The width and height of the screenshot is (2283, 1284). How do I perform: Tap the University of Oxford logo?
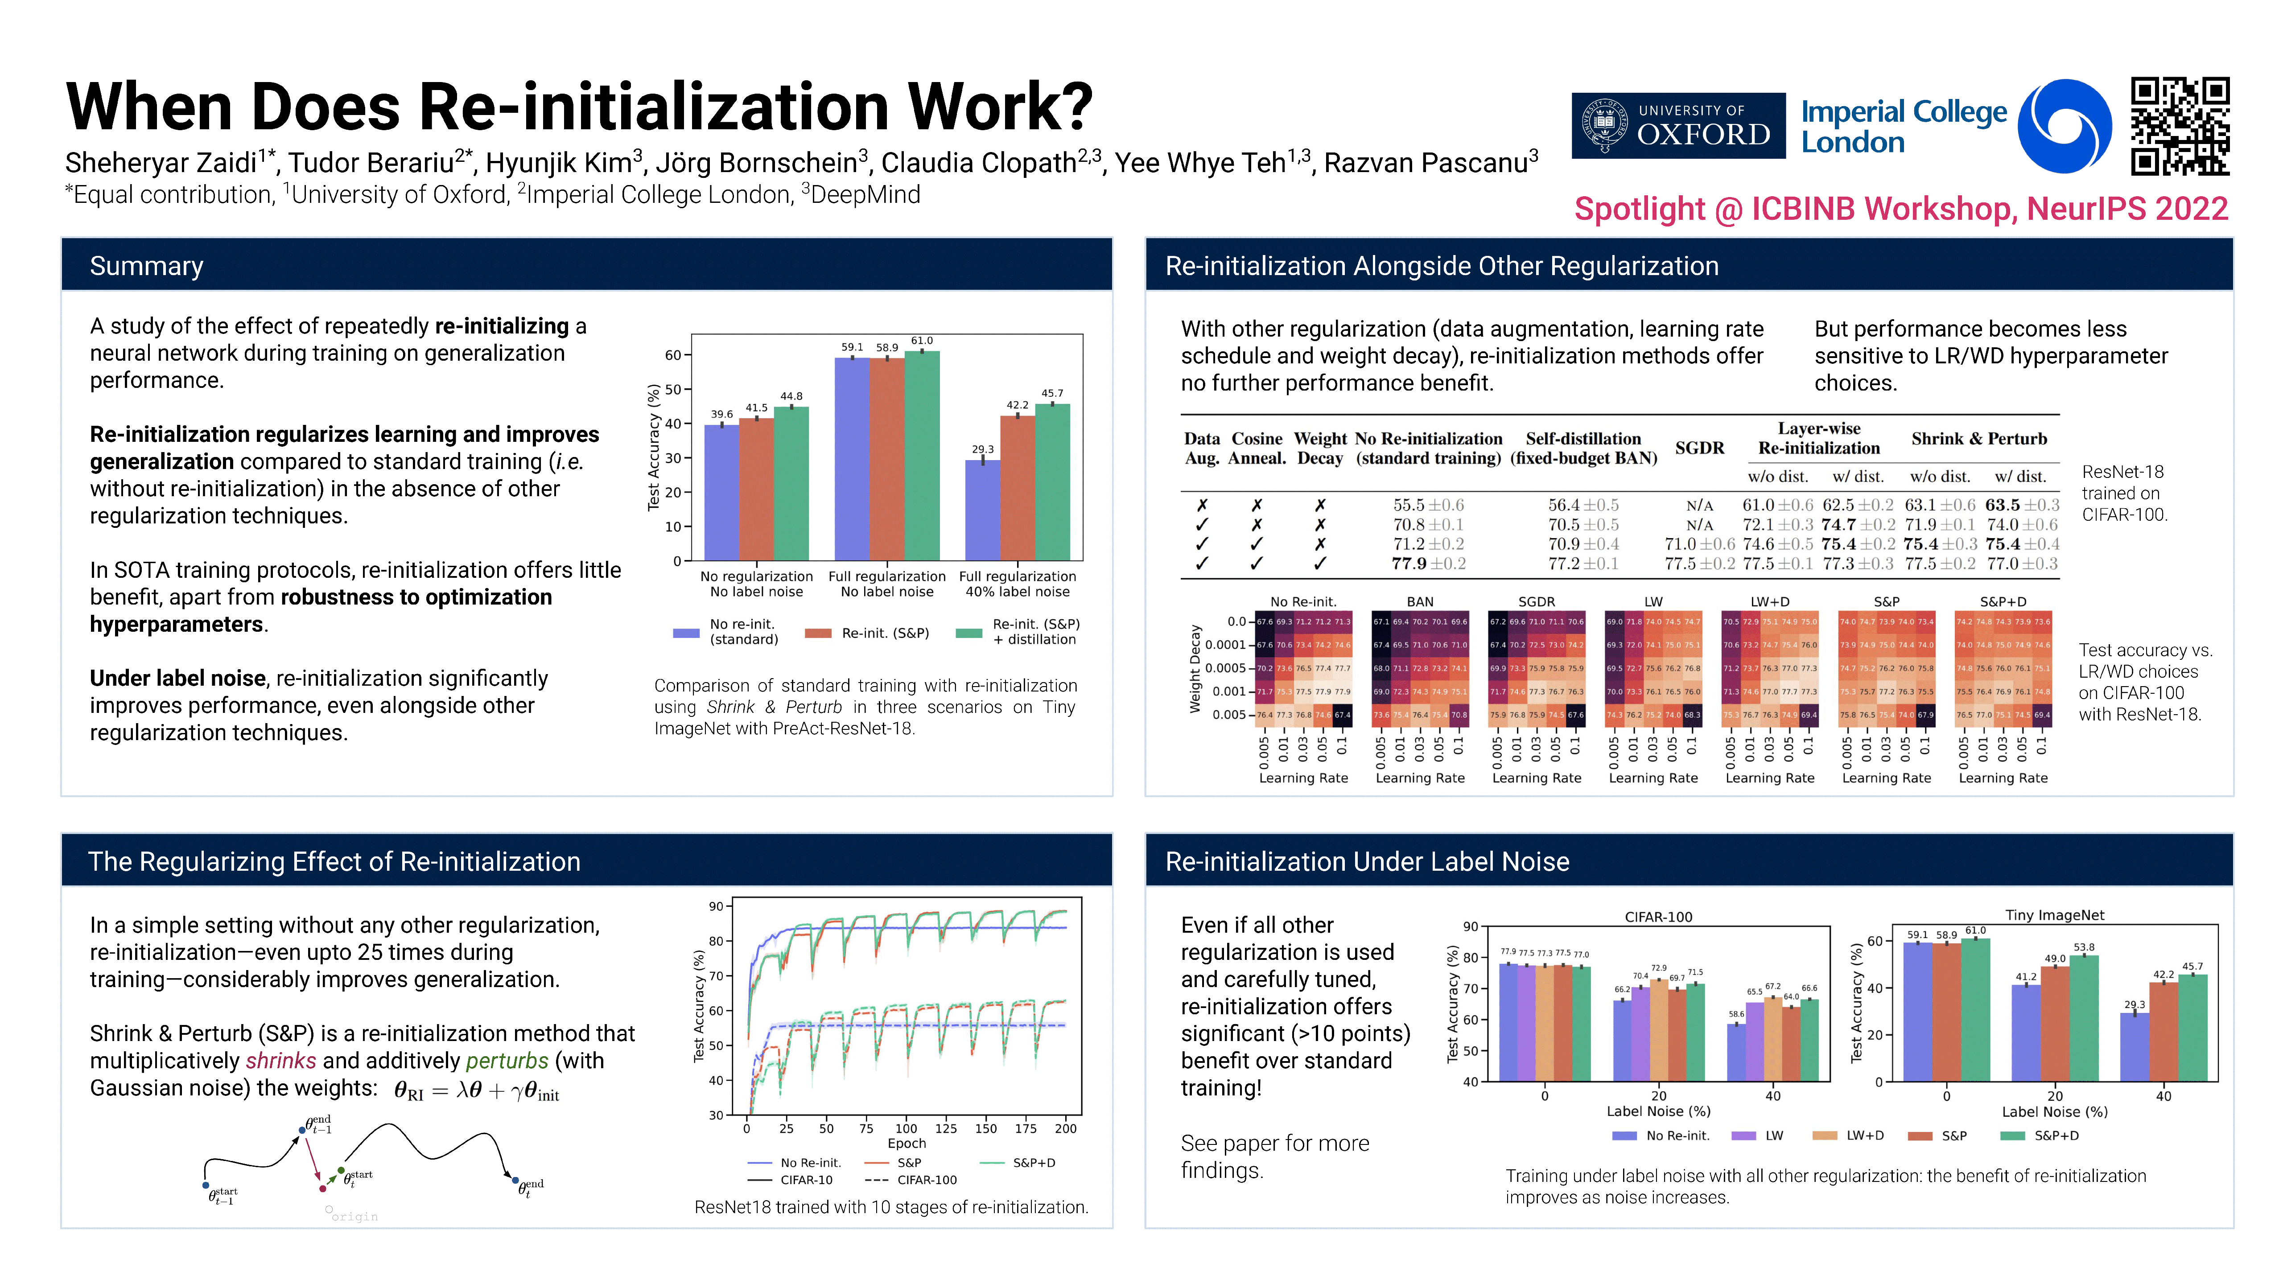pyautogui.click(x=1677, y=126)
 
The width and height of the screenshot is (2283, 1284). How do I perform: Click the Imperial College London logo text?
pyautogui.click(x=1903, y=126)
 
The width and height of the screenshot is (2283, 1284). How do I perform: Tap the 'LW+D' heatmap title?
pyautogui.click(x=1769, y=602)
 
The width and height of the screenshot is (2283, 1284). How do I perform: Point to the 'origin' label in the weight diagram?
pyautogui.click(x=354, y=1217)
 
